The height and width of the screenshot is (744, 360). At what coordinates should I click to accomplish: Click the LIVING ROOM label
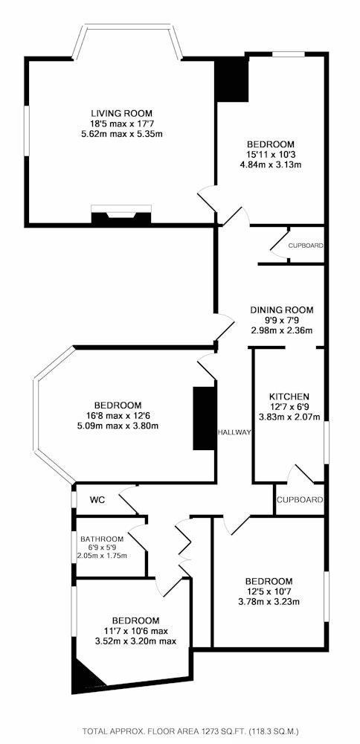[x=122, y=113]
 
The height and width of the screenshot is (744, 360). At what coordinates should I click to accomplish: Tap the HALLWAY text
[x=234, y=432]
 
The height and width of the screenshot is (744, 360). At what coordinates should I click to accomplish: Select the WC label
[x=97, y=500]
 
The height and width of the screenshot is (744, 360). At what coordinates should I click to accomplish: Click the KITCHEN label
[x=289, y=397]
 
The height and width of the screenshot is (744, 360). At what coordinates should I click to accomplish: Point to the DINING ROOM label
[x=282, y=310]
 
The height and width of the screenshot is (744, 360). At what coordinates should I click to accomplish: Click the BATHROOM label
[x=102, y=539]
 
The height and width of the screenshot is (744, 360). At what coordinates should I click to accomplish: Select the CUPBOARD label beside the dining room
[x=306, y=246]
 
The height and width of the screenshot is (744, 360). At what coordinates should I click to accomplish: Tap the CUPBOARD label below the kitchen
[x=300, y=500]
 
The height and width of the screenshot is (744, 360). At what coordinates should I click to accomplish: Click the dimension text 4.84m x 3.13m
[x=271, y=165]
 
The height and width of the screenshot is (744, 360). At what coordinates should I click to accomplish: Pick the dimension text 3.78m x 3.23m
[x=269, y=603]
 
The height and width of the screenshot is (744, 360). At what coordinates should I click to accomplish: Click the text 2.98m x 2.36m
[x=282, y=330]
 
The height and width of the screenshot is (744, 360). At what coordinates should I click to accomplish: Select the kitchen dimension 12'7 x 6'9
[x=289, y=407]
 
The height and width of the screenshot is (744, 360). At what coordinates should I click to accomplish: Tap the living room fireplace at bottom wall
[x=121, y=217]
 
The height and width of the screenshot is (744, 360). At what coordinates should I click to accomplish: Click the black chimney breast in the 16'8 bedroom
[x=204, y=418]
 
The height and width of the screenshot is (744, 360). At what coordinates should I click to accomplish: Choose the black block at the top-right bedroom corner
[x=232, y=80]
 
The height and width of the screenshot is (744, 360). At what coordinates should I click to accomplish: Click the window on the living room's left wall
[x=27, y=130]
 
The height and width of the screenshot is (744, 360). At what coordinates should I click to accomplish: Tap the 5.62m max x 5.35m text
[x=122, y=134]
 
